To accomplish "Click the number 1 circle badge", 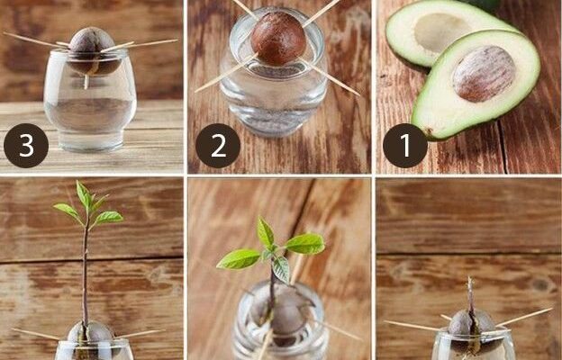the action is (x=405, y=146).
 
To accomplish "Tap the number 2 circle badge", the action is (x=218, y=146).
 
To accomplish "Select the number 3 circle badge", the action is (x=26, y=146).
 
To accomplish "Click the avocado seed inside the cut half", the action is (x=484, y=74).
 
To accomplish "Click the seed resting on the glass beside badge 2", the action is (x=278, y=39).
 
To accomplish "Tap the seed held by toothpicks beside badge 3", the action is (x=94, y=51).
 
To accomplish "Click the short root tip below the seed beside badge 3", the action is (x=86, y=82).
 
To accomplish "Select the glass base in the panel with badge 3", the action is (x=90, y=140).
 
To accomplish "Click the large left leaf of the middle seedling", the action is (x=239, y=259).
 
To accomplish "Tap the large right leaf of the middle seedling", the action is (x=305, y=244).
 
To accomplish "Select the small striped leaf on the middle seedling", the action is (x=281, y=269).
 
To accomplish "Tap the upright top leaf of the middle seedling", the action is (x=265, y=232).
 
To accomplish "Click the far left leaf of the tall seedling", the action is (x=67, y=211).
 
